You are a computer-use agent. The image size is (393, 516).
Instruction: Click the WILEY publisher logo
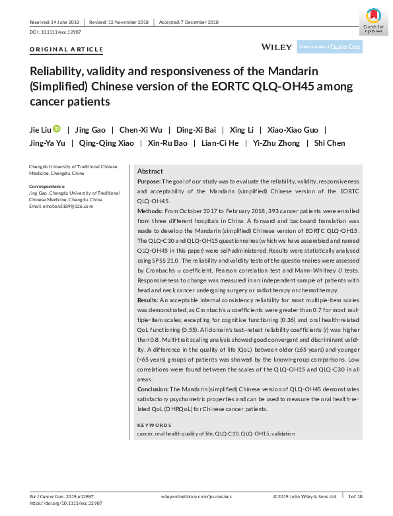click(277, 48)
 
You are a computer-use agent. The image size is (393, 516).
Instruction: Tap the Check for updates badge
click(373, 20)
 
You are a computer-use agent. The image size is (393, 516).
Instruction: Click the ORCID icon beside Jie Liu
click(56, 129)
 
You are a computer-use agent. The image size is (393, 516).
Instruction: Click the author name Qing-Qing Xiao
click(106, 144)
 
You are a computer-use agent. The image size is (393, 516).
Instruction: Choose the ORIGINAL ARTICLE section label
click(67, 49)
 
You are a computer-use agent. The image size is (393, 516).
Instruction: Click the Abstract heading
click(150, 171)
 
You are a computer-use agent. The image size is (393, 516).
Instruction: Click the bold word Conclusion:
click(154, 389)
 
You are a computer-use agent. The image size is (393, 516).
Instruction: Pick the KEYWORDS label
click(154, 425)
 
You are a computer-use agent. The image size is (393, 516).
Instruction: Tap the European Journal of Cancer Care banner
click(330, 48)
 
